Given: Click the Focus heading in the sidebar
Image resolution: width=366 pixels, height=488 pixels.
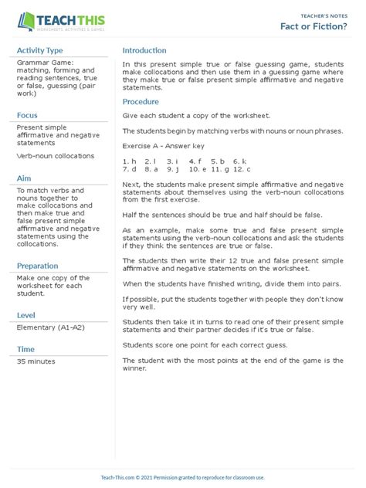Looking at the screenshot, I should (x=28, y=115).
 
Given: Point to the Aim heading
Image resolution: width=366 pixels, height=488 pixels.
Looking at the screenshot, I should (x=24, y=178).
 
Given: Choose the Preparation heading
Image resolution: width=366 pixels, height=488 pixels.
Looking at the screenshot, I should (x=38, y=266).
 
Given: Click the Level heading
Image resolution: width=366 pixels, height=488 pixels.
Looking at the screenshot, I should (x=26, y=315).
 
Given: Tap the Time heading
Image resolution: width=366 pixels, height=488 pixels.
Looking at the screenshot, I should (x=25, y=349).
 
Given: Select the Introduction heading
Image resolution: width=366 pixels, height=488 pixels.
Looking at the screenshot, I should (x=144, y=51).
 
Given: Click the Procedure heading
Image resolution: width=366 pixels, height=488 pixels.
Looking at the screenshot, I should (x=141, y=102).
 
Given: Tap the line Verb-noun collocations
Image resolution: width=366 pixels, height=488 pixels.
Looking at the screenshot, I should (x=55, y=156).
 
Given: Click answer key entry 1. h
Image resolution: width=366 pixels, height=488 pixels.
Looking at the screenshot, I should (x=129, y=161).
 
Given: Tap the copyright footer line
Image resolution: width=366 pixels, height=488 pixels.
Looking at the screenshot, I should (x=182, y=478).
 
